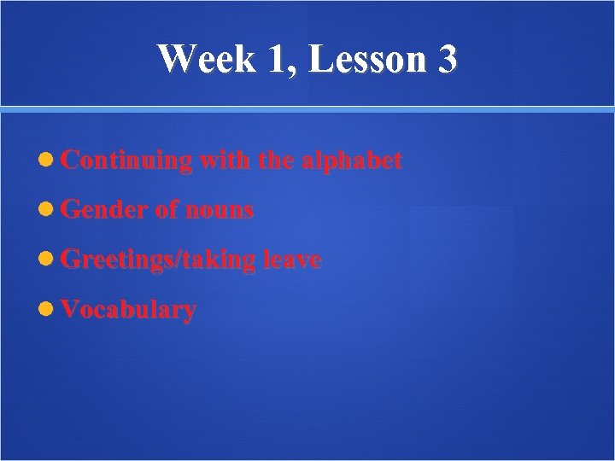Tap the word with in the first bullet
click(223, 160)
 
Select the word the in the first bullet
click(274, 160)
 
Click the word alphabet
click(351, 160)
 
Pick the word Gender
click(104, 210)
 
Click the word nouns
click(220, 211)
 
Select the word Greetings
click(117, 260)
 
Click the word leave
click(292, 260)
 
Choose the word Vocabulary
click(128, 310)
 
